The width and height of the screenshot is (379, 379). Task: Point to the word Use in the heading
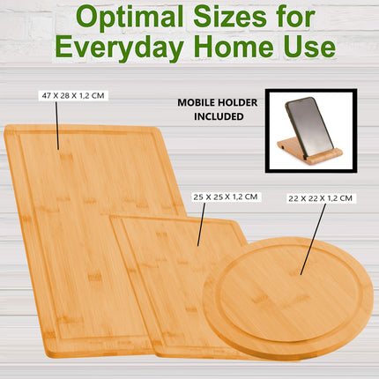[x=308, y=46]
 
